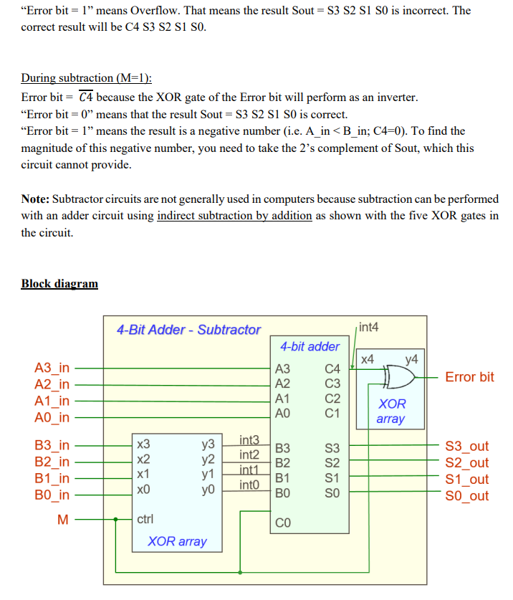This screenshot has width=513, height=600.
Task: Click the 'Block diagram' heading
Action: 59,283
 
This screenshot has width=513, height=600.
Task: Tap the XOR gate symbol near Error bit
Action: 400,376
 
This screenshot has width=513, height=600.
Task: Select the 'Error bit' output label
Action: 469,377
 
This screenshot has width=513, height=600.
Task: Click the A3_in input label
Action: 52,368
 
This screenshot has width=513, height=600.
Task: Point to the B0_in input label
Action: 52,495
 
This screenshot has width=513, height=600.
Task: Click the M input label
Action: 63,520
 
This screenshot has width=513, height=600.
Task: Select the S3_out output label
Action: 466,447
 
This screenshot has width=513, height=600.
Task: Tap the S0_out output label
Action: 466,496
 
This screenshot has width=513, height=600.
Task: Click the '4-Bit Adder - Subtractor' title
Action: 188,330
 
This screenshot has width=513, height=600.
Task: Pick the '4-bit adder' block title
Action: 310,347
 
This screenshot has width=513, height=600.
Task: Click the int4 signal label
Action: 368,328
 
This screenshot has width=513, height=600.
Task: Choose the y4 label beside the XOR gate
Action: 411,358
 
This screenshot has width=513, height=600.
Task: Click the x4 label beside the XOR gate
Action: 367,358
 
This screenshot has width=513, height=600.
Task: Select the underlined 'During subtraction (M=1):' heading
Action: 87,78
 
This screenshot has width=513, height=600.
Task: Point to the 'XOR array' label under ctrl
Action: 177,541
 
